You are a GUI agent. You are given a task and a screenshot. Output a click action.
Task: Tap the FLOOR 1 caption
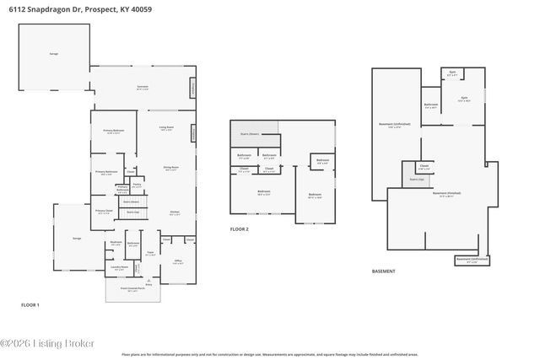30,304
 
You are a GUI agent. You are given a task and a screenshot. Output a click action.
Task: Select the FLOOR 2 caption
240,228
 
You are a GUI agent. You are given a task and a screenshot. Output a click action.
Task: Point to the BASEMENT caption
383,271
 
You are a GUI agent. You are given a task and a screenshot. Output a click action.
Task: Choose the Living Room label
166,129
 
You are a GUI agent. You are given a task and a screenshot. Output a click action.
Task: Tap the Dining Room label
170,168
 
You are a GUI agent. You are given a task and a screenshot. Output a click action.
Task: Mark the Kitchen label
175,212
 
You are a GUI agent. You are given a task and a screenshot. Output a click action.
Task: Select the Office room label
178,262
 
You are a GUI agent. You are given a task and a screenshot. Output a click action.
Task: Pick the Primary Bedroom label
114,132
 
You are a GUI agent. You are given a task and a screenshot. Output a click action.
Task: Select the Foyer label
150,253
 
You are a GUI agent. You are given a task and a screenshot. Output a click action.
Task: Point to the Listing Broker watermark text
48,343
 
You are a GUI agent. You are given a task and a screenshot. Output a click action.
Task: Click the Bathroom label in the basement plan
430,105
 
